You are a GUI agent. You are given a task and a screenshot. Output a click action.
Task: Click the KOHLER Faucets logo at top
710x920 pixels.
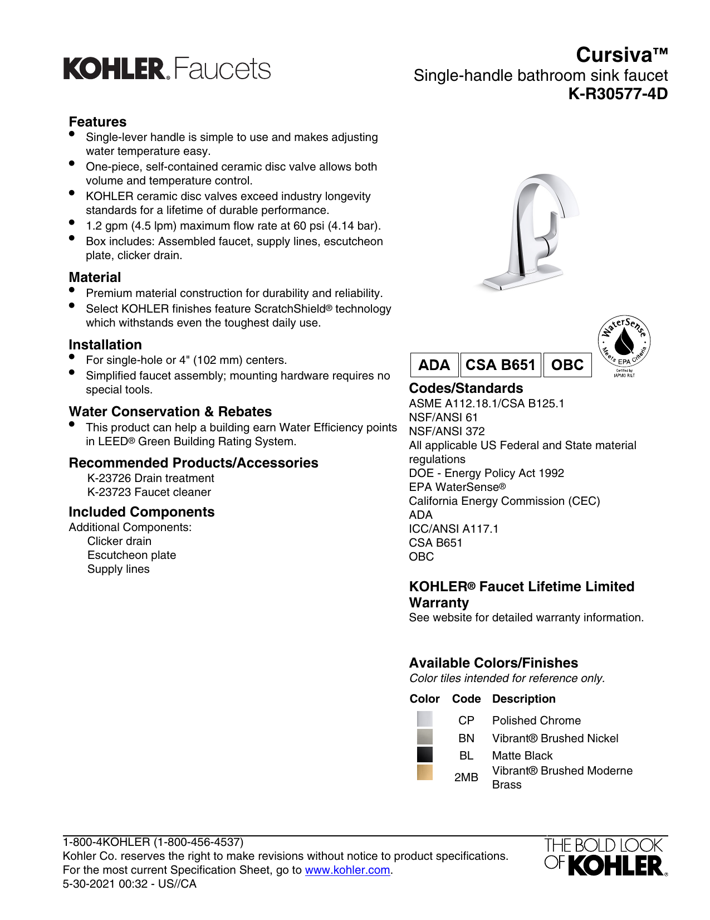pyautogui.click(x=167, y=69)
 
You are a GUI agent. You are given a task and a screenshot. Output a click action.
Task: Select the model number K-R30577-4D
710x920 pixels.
pyautogui.click(x=618, y=94)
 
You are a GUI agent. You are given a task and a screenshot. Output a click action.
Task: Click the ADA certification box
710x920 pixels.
pyautogui.click(x=434, y=365)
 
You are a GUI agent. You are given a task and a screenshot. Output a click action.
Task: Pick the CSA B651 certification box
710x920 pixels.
pyautogui.click(x=500, y=365)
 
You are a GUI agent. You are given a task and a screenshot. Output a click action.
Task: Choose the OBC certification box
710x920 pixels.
pyautogui.click(x=567, y=365)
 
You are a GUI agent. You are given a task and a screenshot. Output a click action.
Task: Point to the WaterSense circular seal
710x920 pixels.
pyautogui.click(x=624, y=342)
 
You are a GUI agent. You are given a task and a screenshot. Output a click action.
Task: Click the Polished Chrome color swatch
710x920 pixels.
pyautogui.click(x=424, y=719)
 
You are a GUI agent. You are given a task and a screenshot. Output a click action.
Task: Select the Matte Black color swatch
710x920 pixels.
pyautogui.click(x=424, y=755)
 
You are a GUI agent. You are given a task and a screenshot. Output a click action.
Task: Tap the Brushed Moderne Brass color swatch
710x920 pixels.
pyautogui.click(x=424, y=772)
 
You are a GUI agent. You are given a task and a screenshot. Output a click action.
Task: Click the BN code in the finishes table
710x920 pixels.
pyautogui.click(x=466, y=738)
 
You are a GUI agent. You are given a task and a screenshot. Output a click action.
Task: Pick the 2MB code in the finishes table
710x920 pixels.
pyautogui.click(x=466, y=777)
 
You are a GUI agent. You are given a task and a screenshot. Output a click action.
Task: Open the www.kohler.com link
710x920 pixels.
pyautogui.click(x=347, y=870)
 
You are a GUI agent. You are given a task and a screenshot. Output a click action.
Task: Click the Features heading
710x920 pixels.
pyautogui.click(x=97, y=122)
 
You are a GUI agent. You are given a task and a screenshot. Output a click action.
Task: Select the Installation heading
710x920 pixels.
pyautogui.click(x=105, y=345)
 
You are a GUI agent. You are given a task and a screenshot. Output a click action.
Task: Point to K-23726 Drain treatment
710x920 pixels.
pyautogui.click(x=150, y=478)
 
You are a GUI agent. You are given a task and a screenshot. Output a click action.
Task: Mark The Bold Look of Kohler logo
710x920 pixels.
pyautogui.click(x=605, y=857)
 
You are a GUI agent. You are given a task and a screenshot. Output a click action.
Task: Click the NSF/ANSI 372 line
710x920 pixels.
pyautogui.click(x=447, y=431)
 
